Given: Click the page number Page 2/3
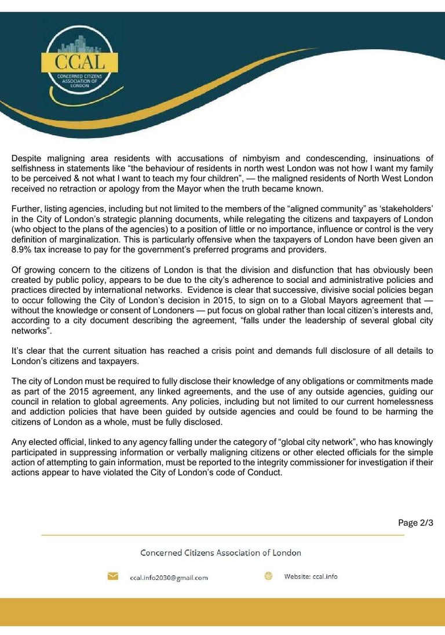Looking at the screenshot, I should tap(415, 522).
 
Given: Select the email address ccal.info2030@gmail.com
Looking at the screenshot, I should tap(169, 578).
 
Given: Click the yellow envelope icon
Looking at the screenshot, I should tap(113, 576).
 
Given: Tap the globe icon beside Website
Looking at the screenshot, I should tap(268, 576).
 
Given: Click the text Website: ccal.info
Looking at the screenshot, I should tap(311, 576).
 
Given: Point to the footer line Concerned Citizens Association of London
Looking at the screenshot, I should tap(221, 553).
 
